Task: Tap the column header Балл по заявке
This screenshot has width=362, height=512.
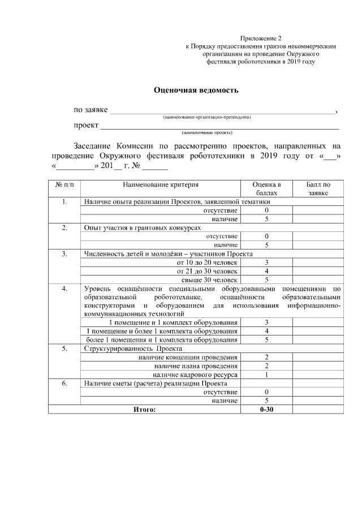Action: tap(318, 188)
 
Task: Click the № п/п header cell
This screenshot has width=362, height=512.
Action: tap(64, 184)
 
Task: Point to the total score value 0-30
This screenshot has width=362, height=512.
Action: tap(266, 408)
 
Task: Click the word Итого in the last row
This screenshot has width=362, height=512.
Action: tap(144, 408)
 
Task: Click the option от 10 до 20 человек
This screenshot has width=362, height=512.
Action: tap(207, 262)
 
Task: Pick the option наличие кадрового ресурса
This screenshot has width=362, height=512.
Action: tap(195, 375)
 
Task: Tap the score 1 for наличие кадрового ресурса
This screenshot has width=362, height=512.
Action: tap(266, 375)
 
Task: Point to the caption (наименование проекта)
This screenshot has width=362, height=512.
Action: tap(206, 132)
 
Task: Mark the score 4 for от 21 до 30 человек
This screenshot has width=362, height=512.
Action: tap(266, 270)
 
